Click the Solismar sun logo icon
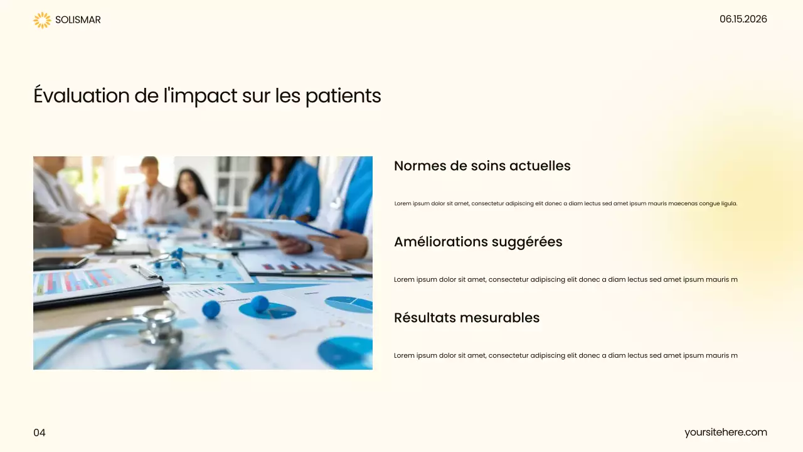pos(42,20)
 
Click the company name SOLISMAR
pos(78,20)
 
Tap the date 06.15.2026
pos(743,19)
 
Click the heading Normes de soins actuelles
pos(482,166)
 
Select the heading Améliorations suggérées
pos(478,242)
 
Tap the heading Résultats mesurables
pos(467,318)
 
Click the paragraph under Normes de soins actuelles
pos(565,203)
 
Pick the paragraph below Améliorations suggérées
pos(565,279)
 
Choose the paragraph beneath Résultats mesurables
pos(565,355)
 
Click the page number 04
pos(40,433)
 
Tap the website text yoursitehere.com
pos(725,432)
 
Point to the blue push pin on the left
pos(211,309)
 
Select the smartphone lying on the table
pos(60,263)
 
